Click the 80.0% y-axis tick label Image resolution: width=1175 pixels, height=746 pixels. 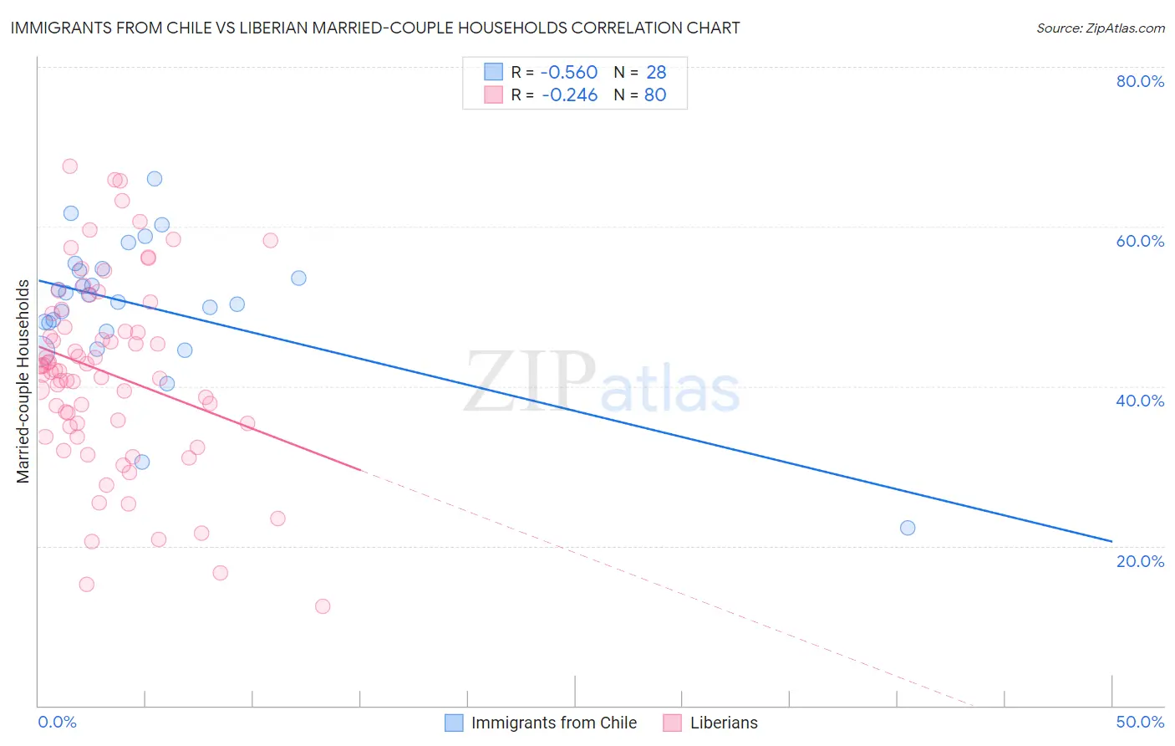tap(1139, 81)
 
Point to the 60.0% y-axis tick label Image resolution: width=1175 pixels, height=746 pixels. tap(1139, 241)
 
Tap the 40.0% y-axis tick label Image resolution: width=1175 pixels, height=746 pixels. tap(1139, 401)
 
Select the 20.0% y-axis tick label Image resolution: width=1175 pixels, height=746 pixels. tap(1139, 560)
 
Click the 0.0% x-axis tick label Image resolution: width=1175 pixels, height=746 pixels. tap(57, 722)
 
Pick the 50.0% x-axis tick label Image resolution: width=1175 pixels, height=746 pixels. tap(1139, 722)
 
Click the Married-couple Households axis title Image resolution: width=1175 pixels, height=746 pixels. tap(23, 381)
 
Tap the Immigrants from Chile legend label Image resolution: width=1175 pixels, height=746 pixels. tap(553, 723)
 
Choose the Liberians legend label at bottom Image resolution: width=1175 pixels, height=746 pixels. tap(724, 723)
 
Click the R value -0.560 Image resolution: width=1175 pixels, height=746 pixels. tap(569, 72)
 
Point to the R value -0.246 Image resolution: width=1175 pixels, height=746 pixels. tap(569, 95)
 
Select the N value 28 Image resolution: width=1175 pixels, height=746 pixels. tap(656, 72)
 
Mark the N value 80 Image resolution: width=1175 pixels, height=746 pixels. tap(655, 95)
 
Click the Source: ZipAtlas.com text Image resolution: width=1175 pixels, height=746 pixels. tap(1100, 28)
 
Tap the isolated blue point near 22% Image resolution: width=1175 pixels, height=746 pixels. tap(908, 528)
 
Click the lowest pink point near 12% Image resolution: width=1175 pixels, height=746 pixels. tap(323, 606)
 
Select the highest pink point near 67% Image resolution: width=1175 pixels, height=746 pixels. tap(70, 166)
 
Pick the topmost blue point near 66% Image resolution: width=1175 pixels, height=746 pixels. tap(155, 179)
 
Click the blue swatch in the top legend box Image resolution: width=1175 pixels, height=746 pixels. tap(494, 72)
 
